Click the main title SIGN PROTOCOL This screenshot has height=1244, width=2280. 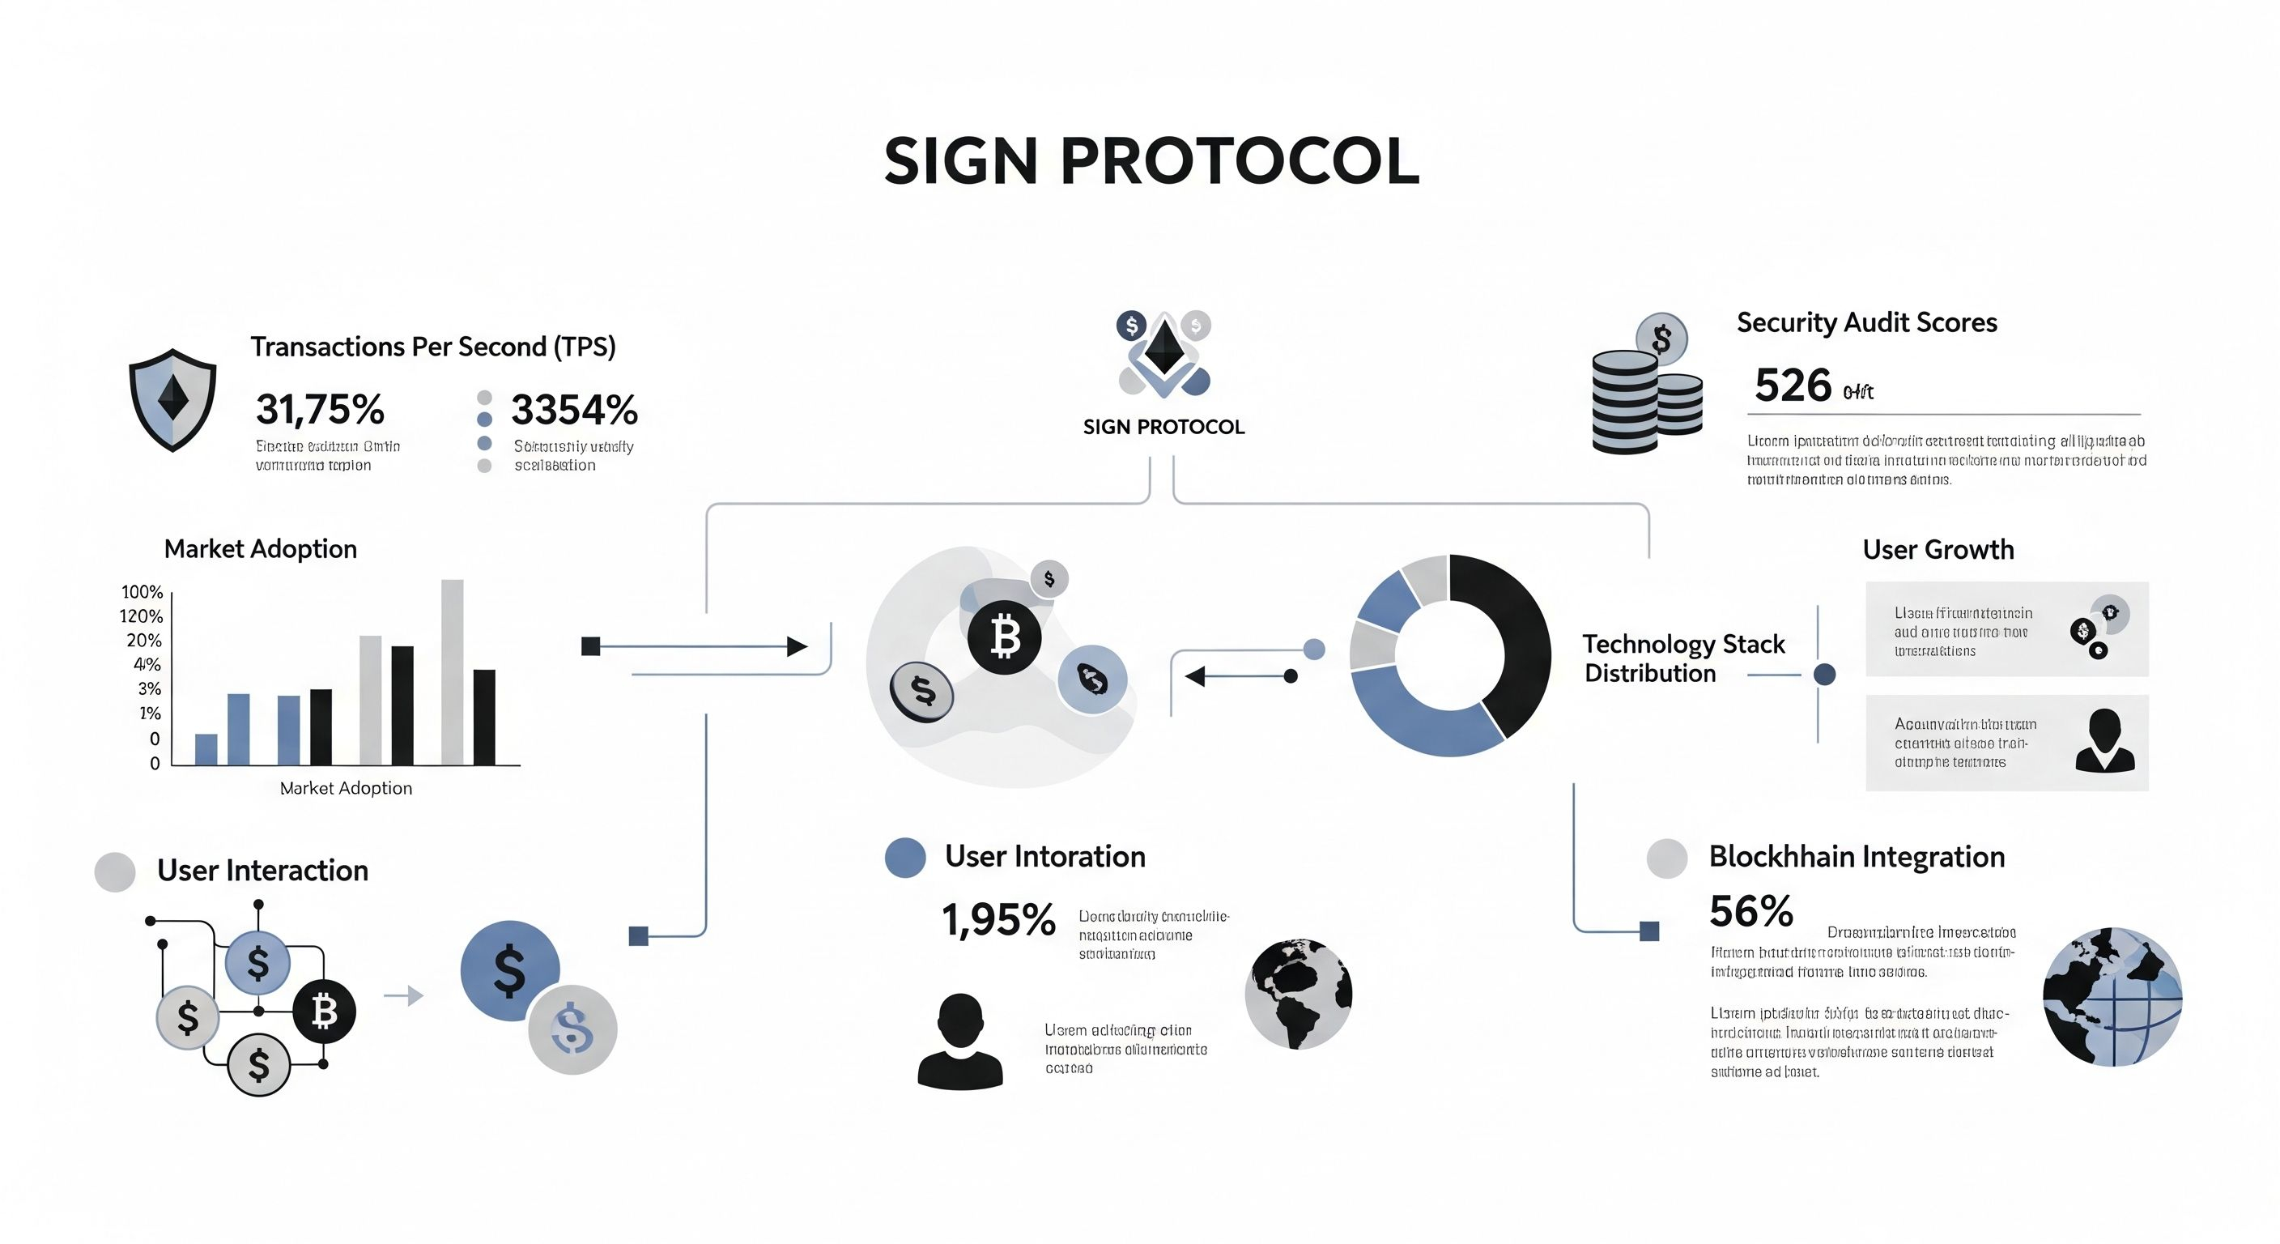[1151, 161]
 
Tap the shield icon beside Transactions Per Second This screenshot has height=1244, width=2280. [172, 399]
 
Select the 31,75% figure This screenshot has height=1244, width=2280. [321, 409]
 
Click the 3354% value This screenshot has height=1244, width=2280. [574, 409]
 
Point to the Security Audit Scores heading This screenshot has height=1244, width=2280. [1866, 322]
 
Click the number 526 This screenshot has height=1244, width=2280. [1793, 386]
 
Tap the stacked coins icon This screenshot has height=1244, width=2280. [1644, 390]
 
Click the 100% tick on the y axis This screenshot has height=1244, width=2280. [142, 591]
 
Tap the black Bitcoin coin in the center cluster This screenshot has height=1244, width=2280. [1005, 637]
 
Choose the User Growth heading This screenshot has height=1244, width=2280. [1938, 550]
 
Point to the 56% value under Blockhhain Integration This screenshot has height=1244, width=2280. [1750, 911]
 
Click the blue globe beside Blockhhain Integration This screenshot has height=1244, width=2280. [2112, 996]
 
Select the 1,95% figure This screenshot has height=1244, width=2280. [998, 920]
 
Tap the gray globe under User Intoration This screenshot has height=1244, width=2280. [1299, 994]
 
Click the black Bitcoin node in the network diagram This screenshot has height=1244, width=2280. [324, 1011]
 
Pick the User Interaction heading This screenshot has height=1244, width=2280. [262, 871]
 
